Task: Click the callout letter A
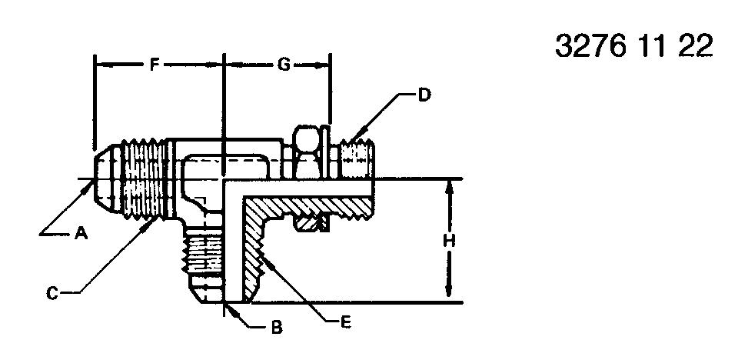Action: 81,233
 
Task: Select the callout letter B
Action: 278,327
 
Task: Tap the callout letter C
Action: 52,293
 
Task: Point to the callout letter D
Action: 424,95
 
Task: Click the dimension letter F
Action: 154,65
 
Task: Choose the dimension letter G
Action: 284,65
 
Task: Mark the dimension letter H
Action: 450,242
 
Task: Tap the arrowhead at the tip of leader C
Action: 150,225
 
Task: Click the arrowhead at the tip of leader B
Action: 231,309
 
